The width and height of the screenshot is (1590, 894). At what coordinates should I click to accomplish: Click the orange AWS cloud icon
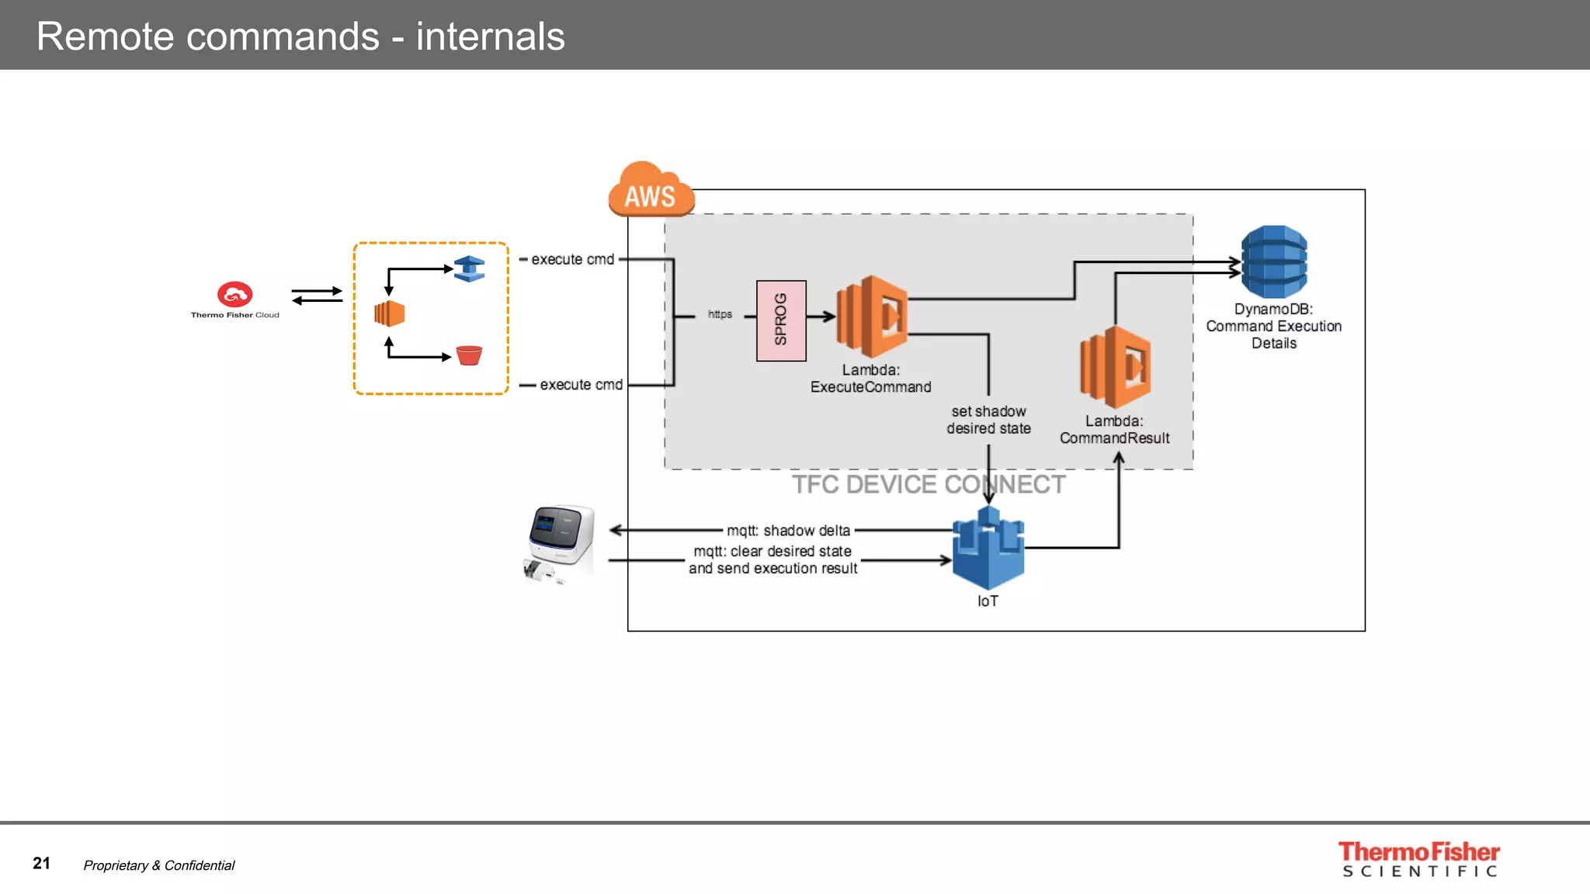pyautogui.click(x=650, y=190)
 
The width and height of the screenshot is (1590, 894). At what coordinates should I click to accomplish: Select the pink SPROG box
pyautogui.click(x=781, y=321)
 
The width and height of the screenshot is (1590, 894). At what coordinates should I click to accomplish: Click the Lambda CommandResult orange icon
pyautogui.click(x=1116, y=367)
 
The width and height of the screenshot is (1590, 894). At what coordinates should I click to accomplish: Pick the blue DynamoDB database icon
pyautogui.click(x=1273, y=262)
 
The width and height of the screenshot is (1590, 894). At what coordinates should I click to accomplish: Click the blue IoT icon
pyautogui.click(x=988, y=548)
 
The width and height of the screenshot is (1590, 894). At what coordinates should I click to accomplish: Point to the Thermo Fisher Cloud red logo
pyautogui.click(x=234, y=294)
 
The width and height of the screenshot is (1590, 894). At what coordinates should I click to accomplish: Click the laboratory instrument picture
pyautogui.click(x=560, y=542)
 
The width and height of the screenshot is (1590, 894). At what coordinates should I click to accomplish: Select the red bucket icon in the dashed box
pyautogui.click(x=469, y=355)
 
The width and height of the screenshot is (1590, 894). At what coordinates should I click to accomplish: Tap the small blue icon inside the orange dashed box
pyautogui.click(x=469, y=269)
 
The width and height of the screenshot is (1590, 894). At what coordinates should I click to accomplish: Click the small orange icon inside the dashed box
pyautogui.click(x=389, y=314)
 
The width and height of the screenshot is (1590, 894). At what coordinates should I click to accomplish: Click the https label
pyautogui.click(x=720, y=314)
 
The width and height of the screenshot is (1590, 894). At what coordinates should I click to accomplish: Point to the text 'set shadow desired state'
pyautogui.click(x=988, y=420)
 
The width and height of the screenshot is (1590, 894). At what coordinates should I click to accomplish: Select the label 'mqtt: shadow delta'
pyautogui.click(x=788, y=531)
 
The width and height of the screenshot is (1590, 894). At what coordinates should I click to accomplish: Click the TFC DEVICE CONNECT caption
pyautogui.click(x=928, y=484)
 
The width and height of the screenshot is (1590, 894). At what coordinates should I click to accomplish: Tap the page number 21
pyautogui.click(x=41, y=864)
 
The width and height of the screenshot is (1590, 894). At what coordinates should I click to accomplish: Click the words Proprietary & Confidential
pyautogui.click(x=158, y=865)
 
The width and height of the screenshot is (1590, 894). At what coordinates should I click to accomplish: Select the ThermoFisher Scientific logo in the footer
pyautogui.click(x=1418, y=860)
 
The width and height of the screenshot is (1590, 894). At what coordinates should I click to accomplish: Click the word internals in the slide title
pyautogui.click(x=490, y=36)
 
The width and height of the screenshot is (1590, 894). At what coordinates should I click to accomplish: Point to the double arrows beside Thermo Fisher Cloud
pyautogui.click(x=317, y=296)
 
